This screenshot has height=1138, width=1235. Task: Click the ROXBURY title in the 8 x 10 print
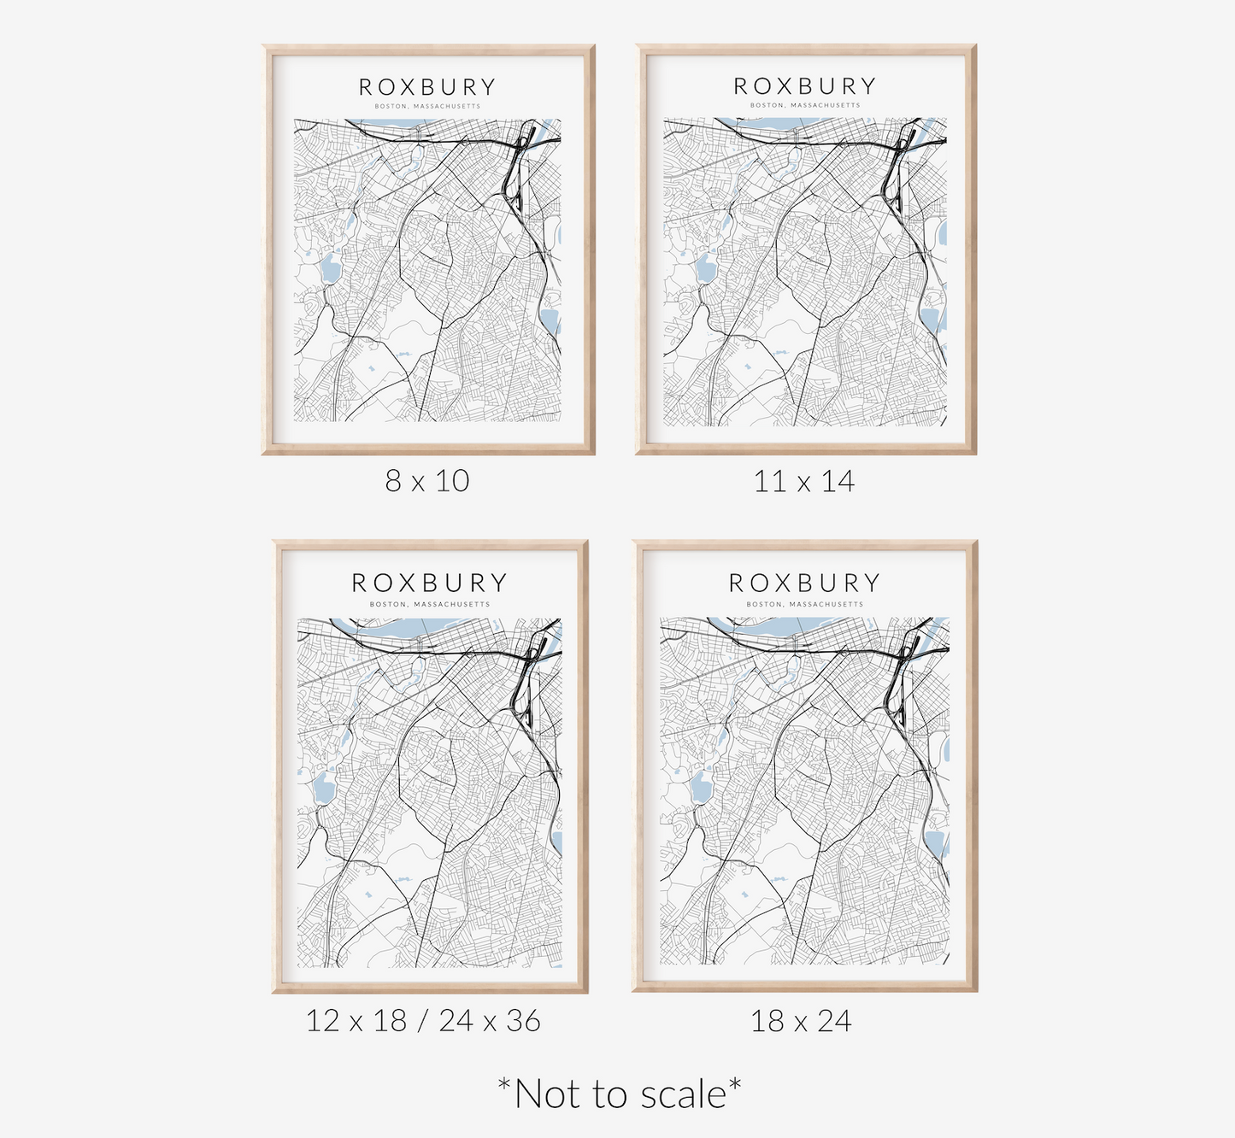click(427, 87)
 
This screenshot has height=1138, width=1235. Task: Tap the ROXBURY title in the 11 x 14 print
click(805, 86)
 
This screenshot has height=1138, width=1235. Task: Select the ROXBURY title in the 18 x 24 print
click(804, 583)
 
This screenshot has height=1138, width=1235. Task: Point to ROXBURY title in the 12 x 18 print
click(430, 583)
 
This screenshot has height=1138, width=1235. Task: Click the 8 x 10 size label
click(427, 481)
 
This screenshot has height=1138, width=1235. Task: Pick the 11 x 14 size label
click(803, 482)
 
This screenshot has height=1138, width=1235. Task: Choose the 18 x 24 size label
click(801, 1021)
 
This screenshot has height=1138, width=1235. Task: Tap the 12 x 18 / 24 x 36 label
click(423, 1021)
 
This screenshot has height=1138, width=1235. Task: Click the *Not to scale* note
click(620, 1094)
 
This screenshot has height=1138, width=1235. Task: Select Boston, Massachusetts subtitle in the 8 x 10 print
click(427, 107)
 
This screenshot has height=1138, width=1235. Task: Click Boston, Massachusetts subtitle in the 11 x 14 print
click(805, 106)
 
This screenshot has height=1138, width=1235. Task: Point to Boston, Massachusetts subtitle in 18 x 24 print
click(804, 604)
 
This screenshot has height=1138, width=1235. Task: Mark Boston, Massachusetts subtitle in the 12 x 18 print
click(430, 604)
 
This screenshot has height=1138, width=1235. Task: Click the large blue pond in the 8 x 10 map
click(330, 272)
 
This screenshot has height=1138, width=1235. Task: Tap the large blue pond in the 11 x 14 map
click(706, 270)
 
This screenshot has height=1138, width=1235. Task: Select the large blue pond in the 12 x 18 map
click(323, 788)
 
